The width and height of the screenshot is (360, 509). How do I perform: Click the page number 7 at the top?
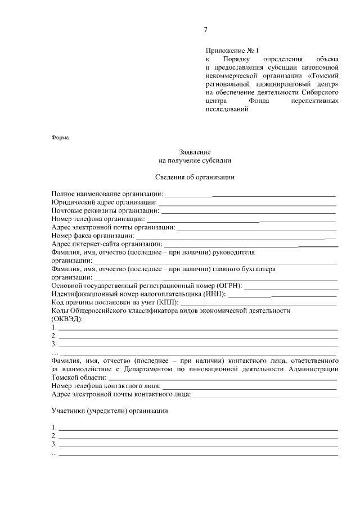tap(205, 30)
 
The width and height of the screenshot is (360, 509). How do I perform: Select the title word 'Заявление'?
tap(195, 152)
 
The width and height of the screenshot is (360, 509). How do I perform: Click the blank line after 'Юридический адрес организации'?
tap(247, 202)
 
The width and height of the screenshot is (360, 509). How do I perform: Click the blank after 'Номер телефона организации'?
tap(241, 219)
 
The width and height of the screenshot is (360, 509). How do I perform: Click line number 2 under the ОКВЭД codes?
tap(197, 336)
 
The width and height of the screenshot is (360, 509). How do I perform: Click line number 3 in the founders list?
tap(197, 444)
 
